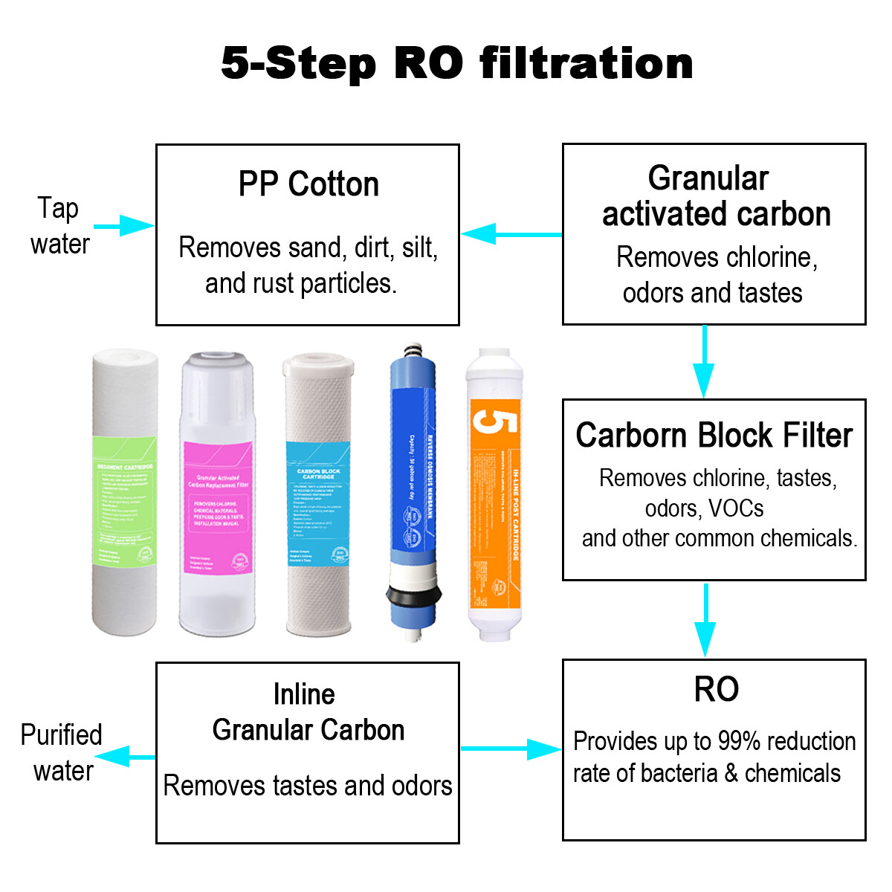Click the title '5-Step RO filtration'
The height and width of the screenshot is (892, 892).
[457, 63]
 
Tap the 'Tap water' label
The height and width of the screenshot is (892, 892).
[59, 226]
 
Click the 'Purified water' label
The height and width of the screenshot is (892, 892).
[62, 752]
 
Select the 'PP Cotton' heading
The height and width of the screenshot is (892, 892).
[308, 184]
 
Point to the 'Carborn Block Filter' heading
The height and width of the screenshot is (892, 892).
[714, 436]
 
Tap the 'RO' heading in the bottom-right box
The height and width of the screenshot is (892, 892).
[716, 689]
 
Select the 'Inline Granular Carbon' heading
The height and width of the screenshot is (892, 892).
[308, 712]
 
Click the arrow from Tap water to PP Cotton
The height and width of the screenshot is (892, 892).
[123, 226]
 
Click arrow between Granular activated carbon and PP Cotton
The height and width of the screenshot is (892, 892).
[511, 234]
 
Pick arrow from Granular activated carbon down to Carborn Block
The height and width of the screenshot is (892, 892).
[704, 361]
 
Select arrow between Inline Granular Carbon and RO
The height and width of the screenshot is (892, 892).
[511, 749]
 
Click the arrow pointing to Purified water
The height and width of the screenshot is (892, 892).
[125, 757]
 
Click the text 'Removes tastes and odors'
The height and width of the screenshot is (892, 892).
[308, 786]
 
